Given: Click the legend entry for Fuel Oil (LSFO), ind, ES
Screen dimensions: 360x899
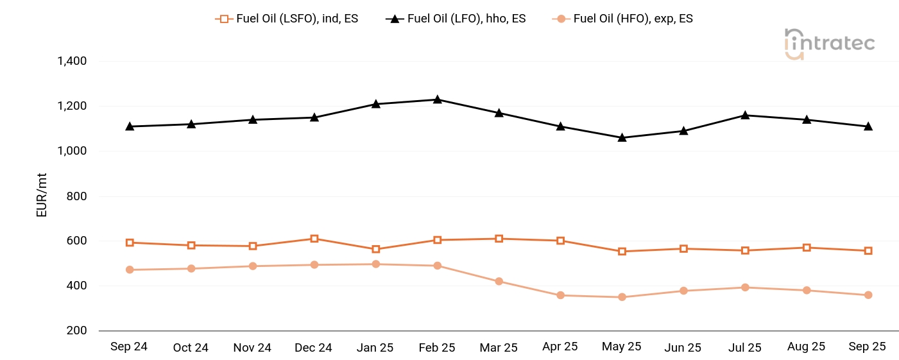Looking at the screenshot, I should click(x=287, y=19).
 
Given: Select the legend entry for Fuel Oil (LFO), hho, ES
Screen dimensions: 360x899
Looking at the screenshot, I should click(x=456, y=19).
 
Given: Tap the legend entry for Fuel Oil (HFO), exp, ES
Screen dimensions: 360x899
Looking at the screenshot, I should click(x=623, y=19).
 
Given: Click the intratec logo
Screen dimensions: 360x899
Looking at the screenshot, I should click(x=830, y=44).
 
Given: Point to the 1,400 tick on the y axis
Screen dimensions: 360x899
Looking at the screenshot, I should click(x=72, y=61).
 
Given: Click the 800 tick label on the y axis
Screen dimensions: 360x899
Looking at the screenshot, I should click(x=77, y=196).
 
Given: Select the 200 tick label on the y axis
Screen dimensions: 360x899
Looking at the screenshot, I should click(x=77, y=330).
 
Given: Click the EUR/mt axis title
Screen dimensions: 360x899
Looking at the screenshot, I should click(x=42, y=196).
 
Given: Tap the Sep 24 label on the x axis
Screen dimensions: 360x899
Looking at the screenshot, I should click(x=129, y=347).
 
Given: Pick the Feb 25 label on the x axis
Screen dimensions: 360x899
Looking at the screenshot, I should click(x=437, y=347).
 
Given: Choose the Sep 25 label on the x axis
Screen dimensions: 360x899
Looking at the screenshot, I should click(x=868, y=347).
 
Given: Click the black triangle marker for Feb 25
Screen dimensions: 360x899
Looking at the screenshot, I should click(x=437, y=99).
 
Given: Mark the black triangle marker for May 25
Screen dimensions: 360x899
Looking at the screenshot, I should click(x=622, y=137).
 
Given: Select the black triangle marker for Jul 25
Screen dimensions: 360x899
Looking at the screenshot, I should click(x=745, y=115).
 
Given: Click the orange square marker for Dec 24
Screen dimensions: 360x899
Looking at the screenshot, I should click(x=314, y=239).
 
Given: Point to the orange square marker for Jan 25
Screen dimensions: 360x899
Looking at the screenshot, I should click(x=376, y=249).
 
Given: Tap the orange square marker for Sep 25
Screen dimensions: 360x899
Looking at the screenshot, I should click(x=868, y=251).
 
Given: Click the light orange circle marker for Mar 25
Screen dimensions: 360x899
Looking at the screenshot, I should click(x=499, y=281).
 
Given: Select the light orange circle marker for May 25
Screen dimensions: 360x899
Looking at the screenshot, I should click(x=622, y=297).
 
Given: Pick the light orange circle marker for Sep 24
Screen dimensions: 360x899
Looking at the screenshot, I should click(x=130, y=270).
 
